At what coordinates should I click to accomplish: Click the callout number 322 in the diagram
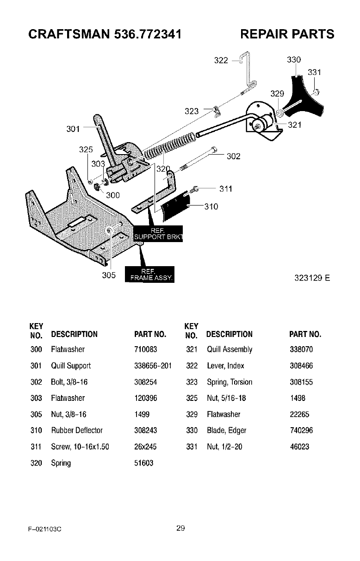[221, 61]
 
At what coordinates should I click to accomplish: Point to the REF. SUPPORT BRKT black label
[158, 235]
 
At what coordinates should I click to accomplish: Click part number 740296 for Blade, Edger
[301, 430]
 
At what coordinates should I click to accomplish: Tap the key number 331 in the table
[192, 447]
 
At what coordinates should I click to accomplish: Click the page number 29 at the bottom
[180, 528]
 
